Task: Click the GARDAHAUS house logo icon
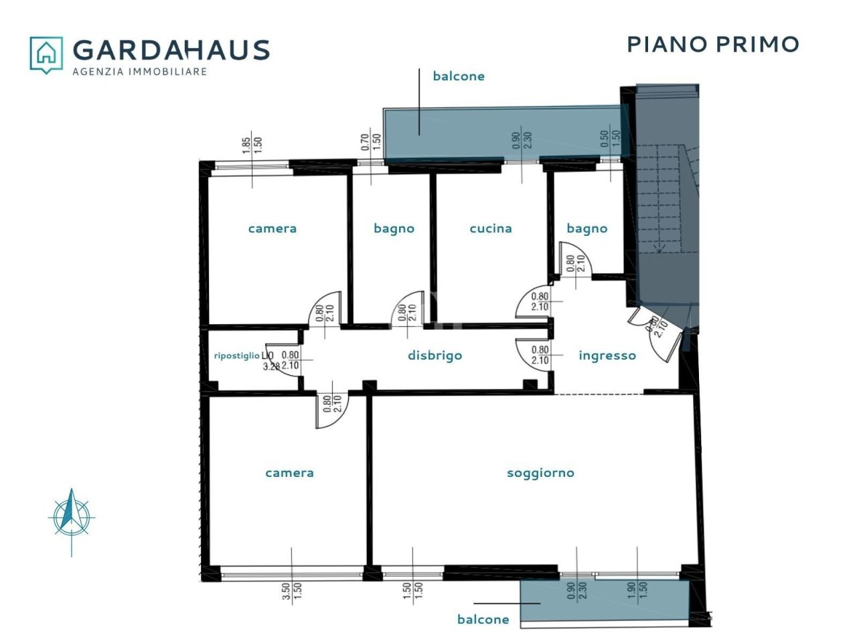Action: [46, 54]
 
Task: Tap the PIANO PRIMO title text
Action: [713, 44]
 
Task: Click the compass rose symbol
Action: [72, 518]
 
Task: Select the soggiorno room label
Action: [540, 473]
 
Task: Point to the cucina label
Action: [491, 228]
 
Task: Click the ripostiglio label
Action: [236, 356]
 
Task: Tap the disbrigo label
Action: [435, 356]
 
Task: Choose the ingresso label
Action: [607, 356]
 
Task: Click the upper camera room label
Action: [272, 228]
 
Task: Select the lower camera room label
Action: [289, 473]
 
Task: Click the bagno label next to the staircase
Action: [587, 228]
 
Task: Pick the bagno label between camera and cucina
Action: [394, 228]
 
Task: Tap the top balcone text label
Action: [459, 76]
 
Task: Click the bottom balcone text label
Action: [483, 620]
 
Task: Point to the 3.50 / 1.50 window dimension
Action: [292, 590]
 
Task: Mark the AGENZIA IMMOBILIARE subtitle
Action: [139, 72]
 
